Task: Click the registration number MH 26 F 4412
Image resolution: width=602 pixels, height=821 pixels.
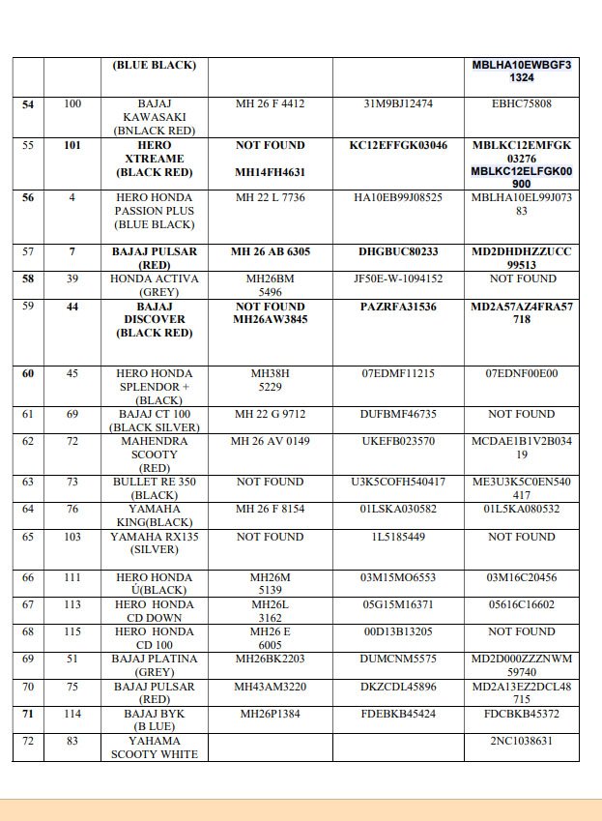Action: click(271, 103)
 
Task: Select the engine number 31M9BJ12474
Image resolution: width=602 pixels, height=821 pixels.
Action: click(398, 103)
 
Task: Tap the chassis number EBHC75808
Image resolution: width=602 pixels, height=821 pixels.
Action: click(522, 103)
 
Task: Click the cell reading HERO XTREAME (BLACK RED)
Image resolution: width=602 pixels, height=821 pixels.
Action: click(154, 159)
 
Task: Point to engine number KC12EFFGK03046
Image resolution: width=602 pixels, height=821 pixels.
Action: click(398, 145)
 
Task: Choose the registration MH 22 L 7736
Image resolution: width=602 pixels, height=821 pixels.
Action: click(271, 197)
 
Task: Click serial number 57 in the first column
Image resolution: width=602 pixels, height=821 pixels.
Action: click(28, 251)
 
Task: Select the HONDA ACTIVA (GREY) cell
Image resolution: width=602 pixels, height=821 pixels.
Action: click(154, 284)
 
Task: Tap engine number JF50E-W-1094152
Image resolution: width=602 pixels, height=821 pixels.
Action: click(398, 279)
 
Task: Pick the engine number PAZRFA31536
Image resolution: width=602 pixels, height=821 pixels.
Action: click(398, 307)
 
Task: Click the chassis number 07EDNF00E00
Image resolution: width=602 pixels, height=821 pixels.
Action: click(522, 373)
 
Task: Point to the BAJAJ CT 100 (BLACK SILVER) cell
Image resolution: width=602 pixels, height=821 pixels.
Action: click(154, 420)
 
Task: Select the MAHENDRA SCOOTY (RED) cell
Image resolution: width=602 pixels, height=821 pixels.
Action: click(154, 454)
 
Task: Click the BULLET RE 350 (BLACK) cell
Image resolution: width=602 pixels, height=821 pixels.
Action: click(154, 488)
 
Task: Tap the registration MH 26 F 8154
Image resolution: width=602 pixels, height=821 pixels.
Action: click(271, 510)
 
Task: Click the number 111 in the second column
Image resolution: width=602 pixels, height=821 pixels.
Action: click(72, 577)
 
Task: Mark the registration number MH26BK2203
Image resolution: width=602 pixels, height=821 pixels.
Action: click(271, 660)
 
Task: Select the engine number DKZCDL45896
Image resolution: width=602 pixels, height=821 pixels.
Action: click(398, 687)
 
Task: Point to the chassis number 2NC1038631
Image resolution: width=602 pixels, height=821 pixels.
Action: click(522, 741)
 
